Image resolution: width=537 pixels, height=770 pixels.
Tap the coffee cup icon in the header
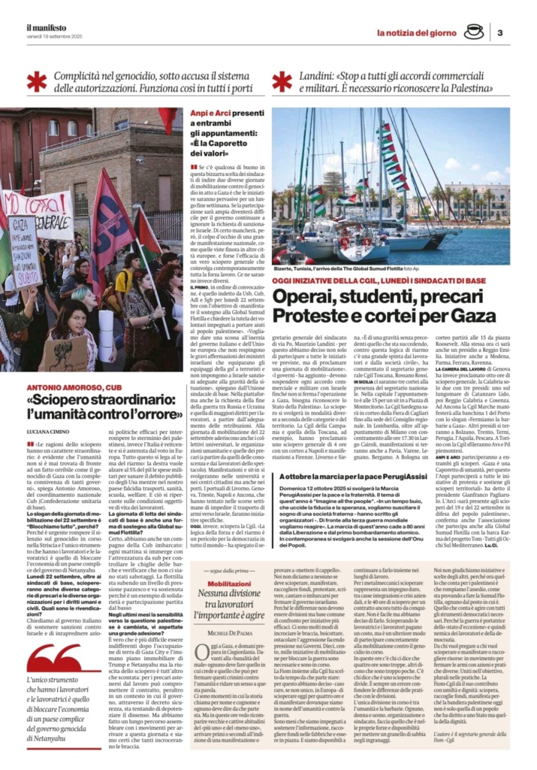pos(474,31)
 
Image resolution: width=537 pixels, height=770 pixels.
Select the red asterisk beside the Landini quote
pos(282,82)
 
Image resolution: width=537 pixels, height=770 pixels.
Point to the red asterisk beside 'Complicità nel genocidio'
pos(36,82)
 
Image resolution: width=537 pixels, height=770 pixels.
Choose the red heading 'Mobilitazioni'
pos(229,604)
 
